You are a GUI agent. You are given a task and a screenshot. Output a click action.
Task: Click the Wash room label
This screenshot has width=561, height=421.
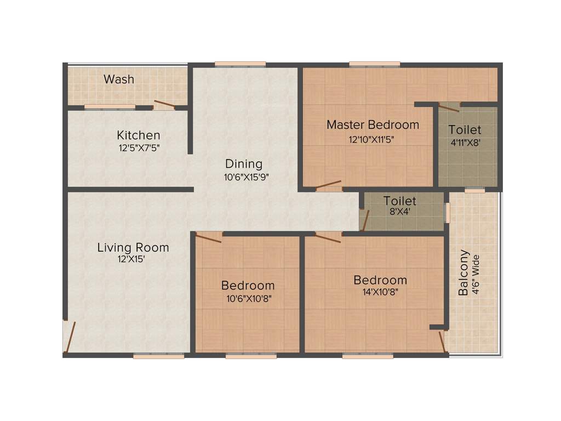click(x=119, y=79)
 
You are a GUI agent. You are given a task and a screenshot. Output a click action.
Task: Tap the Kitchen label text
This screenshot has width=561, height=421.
click(x=138, y=135)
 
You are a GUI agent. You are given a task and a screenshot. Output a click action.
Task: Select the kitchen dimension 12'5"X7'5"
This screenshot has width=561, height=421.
click(x=139, y=147)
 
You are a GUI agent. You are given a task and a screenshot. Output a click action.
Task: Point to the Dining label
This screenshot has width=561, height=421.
click(x=244, y=164)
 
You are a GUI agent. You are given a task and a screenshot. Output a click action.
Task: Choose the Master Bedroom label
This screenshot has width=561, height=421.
click(x=373, y=125)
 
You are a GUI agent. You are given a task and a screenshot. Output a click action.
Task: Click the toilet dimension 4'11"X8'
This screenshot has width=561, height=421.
click(x=465, y=144)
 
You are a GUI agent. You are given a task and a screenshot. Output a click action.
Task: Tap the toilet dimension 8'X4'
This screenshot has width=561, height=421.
click(x=400, y=213)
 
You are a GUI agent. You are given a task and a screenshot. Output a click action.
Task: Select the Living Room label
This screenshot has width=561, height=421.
click(x=133, y=247)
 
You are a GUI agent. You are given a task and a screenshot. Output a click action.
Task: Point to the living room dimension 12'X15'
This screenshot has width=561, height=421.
click(x=131, y=260)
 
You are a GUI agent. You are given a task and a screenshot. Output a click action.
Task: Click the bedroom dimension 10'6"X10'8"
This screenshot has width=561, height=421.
click(x=248, y=299)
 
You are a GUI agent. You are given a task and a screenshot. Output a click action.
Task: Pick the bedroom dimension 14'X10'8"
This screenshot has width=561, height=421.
click(x=380, y=292)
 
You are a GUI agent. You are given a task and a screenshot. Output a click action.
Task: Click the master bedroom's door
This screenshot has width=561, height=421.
click(x=328, y=185)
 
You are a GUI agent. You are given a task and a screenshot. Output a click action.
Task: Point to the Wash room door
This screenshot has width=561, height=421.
click(x=164, y=105)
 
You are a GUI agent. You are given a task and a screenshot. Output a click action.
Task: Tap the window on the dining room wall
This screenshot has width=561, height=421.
click(x=240, y=64)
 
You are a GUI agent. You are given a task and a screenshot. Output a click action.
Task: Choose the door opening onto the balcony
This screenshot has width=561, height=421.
click(x=442, y=340)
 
